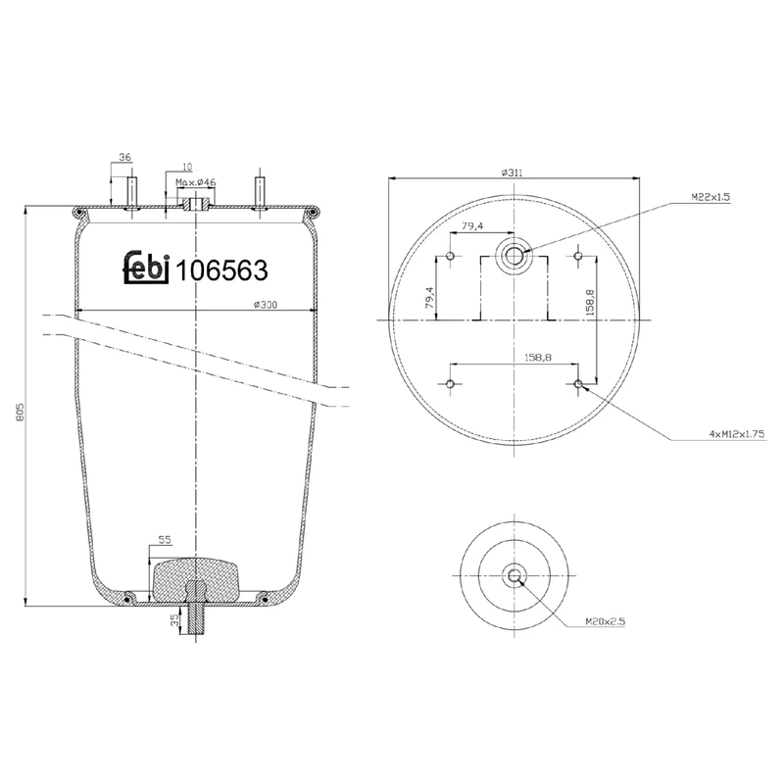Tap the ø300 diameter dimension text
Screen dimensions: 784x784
[266, 304]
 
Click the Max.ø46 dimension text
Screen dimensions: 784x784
[196, 182]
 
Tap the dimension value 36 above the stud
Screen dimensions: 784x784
[124, 158]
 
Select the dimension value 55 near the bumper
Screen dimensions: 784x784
[164, 540]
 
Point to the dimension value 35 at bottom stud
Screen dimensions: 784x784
[174, 619]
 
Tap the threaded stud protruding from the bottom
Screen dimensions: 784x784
[197, 622]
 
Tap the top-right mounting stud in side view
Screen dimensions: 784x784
[260, 190]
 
